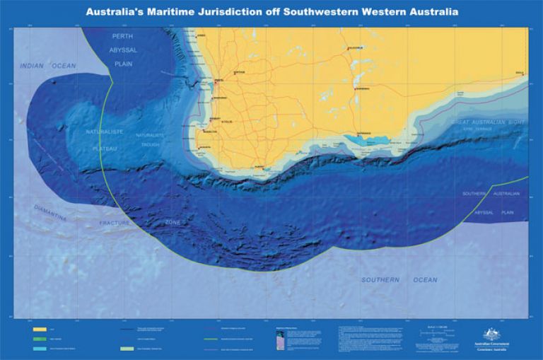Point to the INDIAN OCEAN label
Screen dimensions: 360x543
pos(47,66)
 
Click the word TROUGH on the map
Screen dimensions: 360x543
pos(149,144)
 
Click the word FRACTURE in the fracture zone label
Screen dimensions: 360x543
pos(115,223)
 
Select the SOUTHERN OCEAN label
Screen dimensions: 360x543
pos(399,280)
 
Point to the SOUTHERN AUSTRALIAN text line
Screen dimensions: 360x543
pos(491,193)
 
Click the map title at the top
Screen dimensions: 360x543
pos(271,12)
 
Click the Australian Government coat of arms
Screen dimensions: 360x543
pos(491,335)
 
